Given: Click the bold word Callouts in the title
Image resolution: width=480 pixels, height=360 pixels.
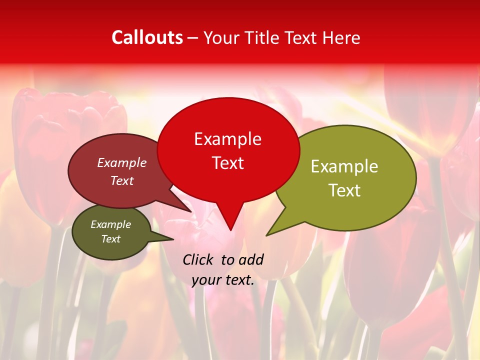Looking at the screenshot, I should click(147, 37).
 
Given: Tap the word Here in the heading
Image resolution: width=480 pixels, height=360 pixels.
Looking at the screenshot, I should click(342, 37).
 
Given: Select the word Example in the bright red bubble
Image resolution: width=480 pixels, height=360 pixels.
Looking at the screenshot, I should click(227, 139).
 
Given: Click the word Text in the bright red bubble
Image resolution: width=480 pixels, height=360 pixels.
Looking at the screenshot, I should click(227, 163).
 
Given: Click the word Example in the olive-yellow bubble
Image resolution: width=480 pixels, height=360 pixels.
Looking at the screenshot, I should click(344, 166).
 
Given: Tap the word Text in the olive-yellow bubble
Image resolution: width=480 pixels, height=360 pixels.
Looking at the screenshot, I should click(344, 190).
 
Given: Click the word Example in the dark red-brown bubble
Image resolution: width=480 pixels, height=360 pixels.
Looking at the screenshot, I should click(122, 162).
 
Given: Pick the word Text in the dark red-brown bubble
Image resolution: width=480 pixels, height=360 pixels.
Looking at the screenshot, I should click(122, 180).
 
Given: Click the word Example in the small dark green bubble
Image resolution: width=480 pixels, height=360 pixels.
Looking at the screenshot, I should click(110, 224).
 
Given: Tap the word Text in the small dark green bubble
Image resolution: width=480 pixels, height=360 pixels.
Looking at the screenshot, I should click(110, 239).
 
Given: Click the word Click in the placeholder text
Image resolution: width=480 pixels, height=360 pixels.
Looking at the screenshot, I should click(199, 259).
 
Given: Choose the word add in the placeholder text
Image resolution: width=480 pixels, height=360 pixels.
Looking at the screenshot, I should click(251, 259).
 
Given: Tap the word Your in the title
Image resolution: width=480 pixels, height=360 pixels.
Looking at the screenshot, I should click(221, 37).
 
